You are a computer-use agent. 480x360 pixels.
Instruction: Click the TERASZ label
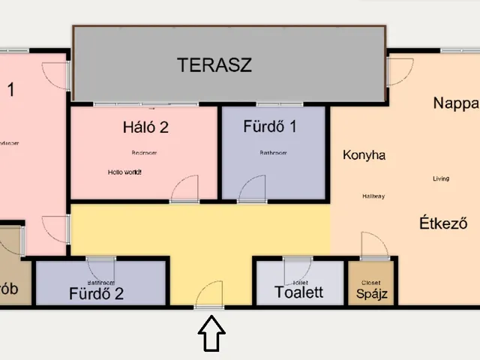coord(214,64)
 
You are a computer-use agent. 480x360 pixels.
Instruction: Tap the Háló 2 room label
coord(145,127)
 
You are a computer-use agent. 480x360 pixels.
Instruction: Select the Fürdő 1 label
coord(270,125)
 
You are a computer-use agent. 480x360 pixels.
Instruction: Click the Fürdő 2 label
coord(96,293)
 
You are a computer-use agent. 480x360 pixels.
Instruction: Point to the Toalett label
coord(299,292)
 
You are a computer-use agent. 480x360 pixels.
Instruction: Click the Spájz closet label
coord(370,293)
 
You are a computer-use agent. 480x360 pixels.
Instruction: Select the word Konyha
coord(364,155)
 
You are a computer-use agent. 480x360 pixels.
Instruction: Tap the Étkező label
coord(443,223)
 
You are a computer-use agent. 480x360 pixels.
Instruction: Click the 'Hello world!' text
coord(124,172)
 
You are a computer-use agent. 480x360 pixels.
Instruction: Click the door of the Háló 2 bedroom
coord(184,189)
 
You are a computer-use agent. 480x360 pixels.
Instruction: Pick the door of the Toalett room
coord(297,268)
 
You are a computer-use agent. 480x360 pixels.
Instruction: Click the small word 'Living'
coord(442,178)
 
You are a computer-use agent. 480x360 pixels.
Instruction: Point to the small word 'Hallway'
coord(373,196)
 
